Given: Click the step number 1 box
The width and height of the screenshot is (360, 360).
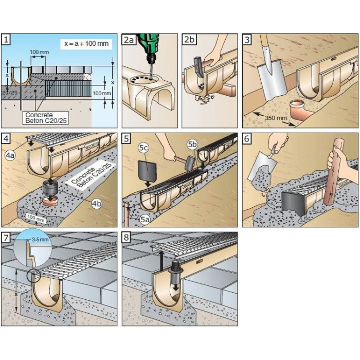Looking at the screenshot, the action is click(x=6, y=39).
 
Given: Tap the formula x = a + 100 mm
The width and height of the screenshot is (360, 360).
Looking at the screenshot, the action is click(x=86, y=43).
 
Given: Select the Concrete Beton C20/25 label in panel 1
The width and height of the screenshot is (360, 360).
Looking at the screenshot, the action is click(x=46, y=118).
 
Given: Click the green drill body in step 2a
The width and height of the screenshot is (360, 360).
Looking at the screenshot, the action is click(x=150, y=45).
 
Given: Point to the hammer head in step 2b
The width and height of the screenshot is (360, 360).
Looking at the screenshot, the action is click(x=199, y=66).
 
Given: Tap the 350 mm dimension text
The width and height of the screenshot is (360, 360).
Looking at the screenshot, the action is click(x=276, y=118).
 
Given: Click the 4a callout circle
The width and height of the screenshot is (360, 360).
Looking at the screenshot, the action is click(x=10, y=155).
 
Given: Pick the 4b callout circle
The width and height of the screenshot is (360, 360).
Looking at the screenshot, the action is click(x=97, y=204).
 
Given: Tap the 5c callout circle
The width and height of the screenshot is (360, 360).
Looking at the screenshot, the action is click(x=143, y=148).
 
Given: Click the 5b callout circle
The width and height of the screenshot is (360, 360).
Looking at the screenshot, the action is click(x=192, y=144).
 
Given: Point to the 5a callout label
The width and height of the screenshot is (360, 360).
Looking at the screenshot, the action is click(x=145, y=220).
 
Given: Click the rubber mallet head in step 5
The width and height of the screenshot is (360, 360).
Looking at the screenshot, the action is click(x=190, y=163).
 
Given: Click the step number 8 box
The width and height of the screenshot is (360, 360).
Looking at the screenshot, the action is click(x=127, y=237).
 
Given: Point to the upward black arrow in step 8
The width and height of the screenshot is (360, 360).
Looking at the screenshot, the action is click(x=161, y=260).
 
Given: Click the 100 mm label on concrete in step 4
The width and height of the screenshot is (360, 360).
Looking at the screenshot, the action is click(x=35, y=218).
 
